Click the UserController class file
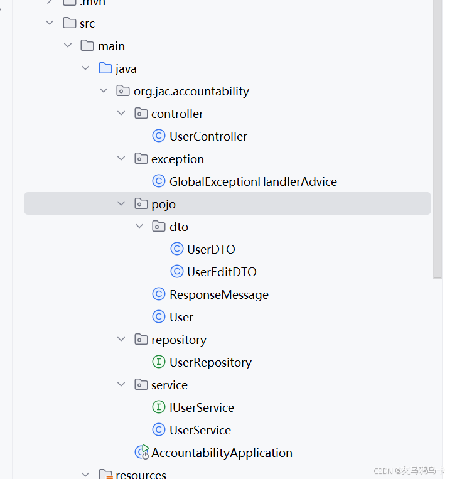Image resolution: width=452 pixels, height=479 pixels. tap(208, 136)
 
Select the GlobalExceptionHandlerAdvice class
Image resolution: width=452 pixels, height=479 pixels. tap(253, 181)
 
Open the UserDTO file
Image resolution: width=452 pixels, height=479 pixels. tap(211, 249)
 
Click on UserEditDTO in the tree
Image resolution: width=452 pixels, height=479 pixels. tap(222, 272)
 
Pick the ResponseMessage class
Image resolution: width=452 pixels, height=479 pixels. tap(218, 294)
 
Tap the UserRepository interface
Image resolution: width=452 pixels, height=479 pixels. tap(210, 362)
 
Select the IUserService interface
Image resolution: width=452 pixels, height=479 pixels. tap(202, 407)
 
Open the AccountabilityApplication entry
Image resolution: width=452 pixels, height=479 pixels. tap(222, 453)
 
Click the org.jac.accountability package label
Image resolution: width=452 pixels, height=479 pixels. tap(191, 91)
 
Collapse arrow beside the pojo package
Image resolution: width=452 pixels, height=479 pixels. tap(121, 203)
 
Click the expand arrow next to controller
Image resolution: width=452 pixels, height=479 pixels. tap(121, 114)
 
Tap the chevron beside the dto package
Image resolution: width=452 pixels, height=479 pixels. tap(139, 226)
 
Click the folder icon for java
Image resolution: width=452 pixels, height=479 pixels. tap(105, 68)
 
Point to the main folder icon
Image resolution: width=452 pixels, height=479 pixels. tap(87, 46)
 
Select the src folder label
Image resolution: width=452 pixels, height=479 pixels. tap(87, 23)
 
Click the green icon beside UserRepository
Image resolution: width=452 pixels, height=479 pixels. tap(159, 362)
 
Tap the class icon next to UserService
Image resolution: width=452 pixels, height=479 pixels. tap(159, 430)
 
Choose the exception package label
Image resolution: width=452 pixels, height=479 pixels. tap(177, 159)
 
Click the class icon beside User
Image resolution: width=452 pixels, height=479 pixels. tap(159, 317)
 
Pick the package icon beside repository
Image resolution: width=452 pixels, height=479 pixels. tap(141, 340)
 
